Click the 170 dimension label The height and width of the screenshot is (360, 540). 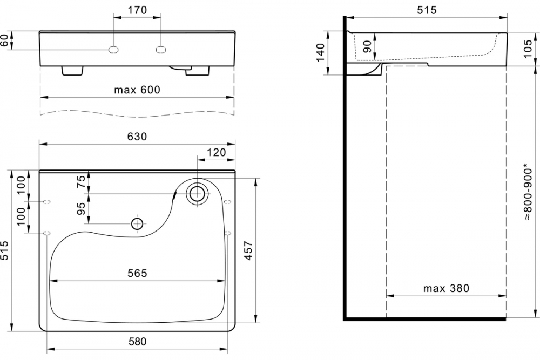pos(137,10)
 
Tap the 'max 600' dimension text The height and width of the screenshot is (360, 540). pos(137,90)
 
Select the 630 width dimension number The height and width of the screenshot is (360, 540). pos(137,137)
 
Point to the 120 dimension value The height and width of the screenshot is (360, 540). pos(217,152)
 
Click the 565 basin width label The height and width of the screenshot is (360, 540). pos(137,273)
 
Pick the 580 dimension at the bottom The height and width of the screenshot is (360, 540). pos(137,342)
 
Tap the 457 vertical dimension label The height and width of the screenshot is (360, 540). pos(248,251)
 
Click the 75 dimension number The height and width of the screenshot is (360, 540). pos(81,182)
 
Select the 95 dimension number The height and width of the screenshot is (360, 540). pos(81,208)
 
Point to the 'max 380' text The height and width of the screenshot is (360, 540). pos(446,288)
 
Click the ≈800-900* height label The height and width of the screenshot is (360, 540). pos(527,192)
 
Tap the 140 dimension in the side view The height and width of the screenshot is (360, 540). pos(321,52)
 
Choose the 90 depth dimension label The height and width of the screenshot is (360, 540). pos(367,47)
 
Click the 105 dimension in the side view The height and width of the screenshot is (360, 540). pos(527,49)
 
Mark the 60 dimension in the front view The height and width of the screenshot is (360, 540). pos(4,40)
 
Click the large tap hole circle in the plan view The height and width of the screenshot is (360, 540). pos(197,194)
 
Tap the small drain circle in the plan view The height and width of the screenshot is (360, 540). pos(137,224)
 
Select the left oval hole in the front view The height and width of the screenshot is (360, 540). pos(113,50)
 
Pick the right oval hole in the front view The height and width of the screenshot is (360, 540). pos(161,50)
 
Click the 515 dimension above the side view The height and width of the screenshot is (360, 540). pos(427,10)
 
